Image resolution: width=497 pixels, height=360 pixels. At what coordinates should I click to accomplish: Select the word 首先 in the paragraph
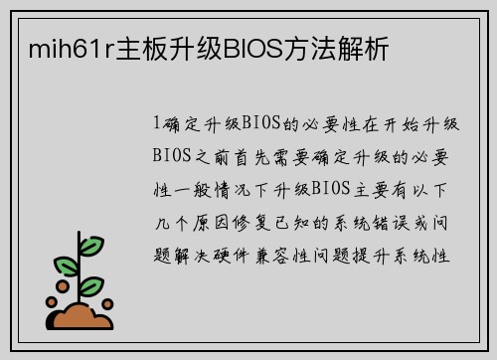coord(264,156)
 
